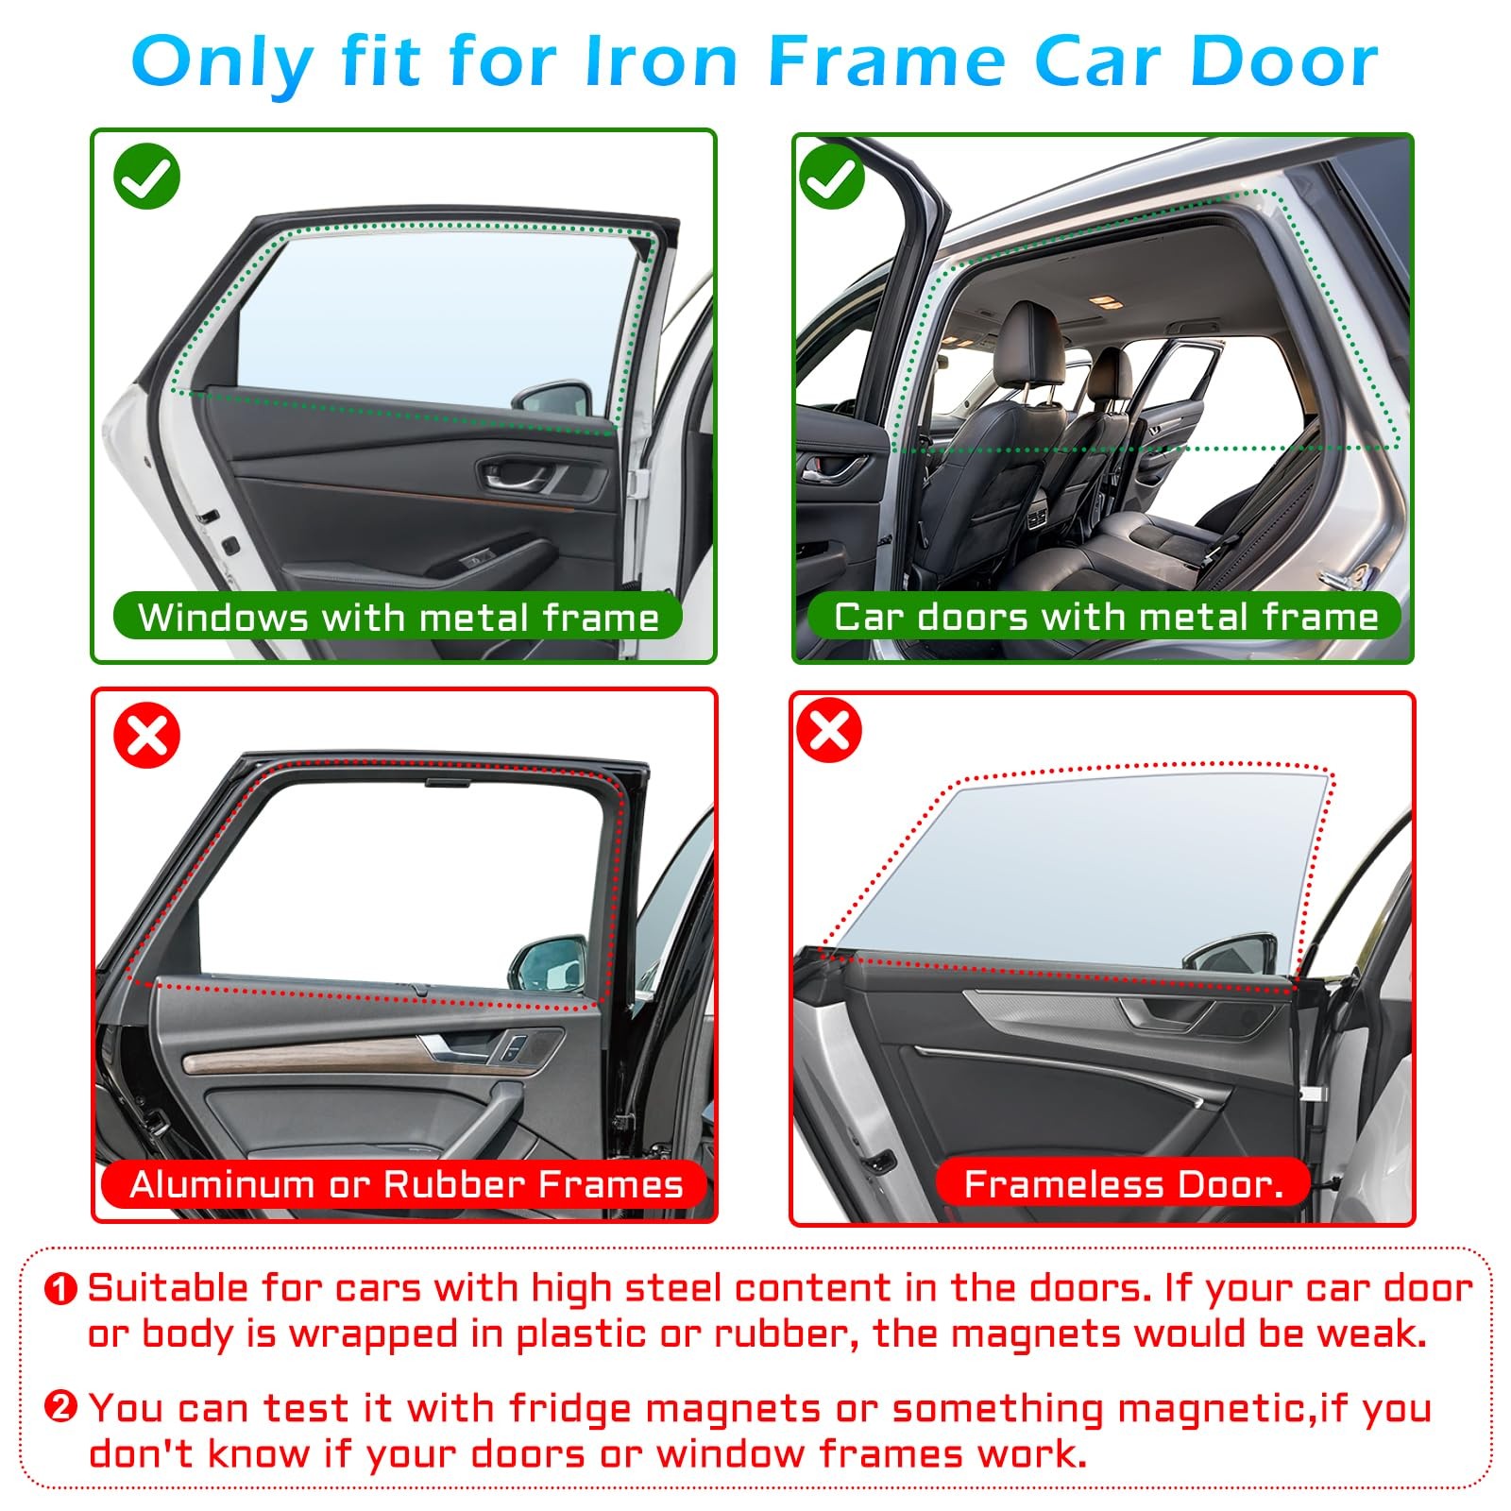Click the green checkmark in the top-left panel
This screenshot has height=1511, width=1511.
tap(146, 176)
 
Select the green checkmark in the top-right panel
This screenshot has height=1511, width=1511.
tap(832, 176)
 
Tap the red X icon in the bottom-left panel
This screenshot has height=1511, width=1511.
tap(146, 735)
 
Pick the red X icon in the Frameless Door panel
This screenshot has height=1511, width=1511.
tap(830, 729)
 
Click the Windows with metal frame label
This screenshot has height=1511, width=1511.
tap(398, 617)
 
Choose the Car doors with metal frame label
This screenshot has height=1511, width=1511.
tap(1105, 617)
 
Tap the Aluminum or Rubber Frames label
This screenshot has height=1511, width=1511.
tap(405, 1183)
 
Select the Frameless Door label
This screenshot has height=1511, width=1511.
tap(1124, 1183)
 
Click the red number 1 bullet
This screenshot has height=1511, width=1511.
tap(60, 1289)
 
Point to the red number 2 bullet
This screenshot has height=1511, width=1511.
tap(60, 1408)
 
